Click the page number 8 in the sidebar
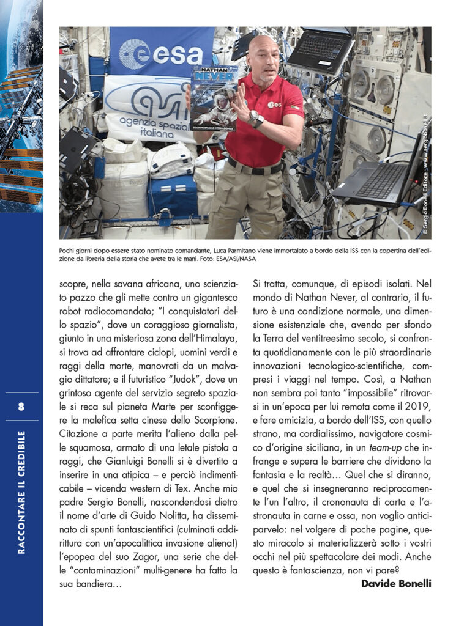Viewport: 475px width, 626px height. [21, 407]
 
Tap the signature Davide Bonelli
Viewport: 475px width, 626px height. [396, 583]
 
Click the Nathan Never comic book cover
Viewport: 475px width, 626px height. [214, 97]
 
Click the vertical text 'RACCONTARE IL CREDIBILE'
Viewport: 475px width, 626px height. [21, 492]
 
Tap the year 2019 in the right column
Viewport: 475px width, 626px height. [418, 407]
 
